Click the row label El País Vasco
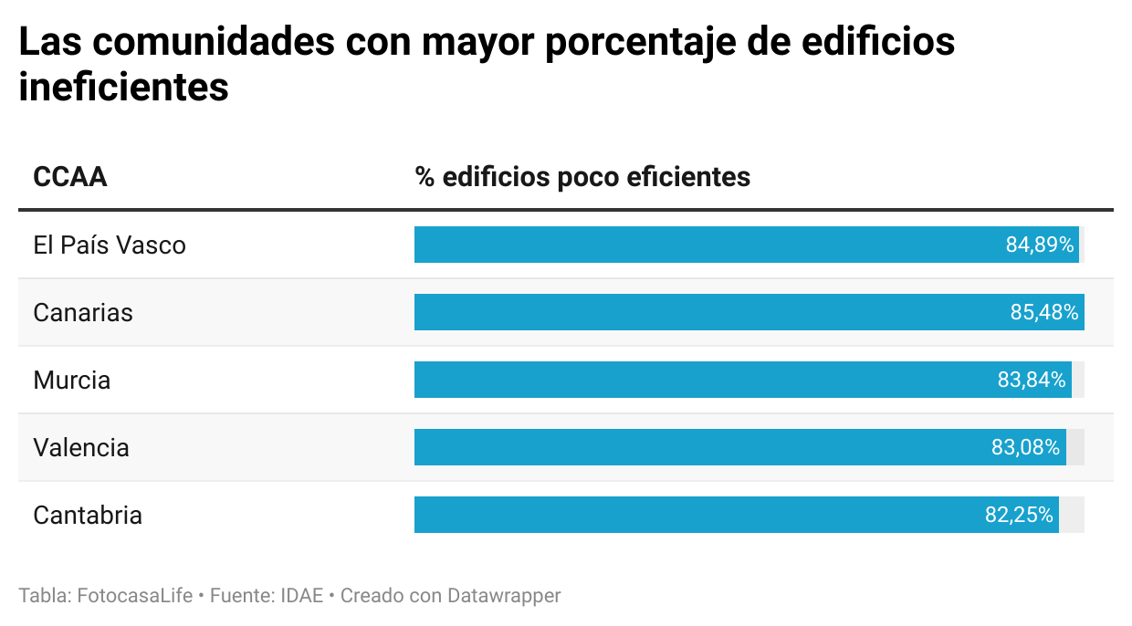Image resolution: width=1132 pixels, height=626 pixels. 110,245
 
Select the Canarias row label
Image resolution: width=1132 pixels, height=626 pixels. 83,313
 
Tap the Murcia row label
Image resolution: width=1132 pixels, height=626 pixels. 72,381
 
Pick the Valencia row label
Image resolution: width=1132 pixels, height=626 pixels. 81,448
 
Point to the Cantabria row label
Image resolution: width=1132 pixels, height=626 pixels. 88,516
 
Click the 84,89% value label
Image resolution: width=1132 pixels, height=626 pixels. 1040,245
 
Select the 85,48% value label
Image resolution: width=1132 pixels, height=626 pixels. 1044,313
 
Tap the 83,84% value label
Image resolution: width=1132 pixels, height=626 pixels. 1032,381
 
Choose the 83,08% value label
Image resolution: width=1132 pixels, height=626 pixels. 1026,448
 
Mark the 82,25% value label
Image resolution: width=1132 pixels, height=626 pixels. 1019,516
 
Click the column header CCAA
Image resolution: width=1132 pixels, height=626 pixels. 70,176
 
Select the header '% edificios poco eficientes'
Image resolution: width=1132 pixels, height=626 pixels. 582,176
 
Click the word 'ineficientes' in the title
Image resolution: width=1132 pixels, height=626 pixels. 123,89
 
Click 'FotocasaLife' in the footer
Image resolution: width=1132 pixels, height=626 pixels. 135,596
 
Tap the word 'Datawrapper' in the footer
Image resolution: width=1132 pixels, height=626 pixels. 504,596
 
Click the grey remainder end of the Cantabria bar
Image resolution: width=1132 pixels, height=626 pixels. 1072,516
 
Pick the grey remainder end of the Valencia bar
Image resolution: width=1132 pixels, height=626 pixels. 1075,448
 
